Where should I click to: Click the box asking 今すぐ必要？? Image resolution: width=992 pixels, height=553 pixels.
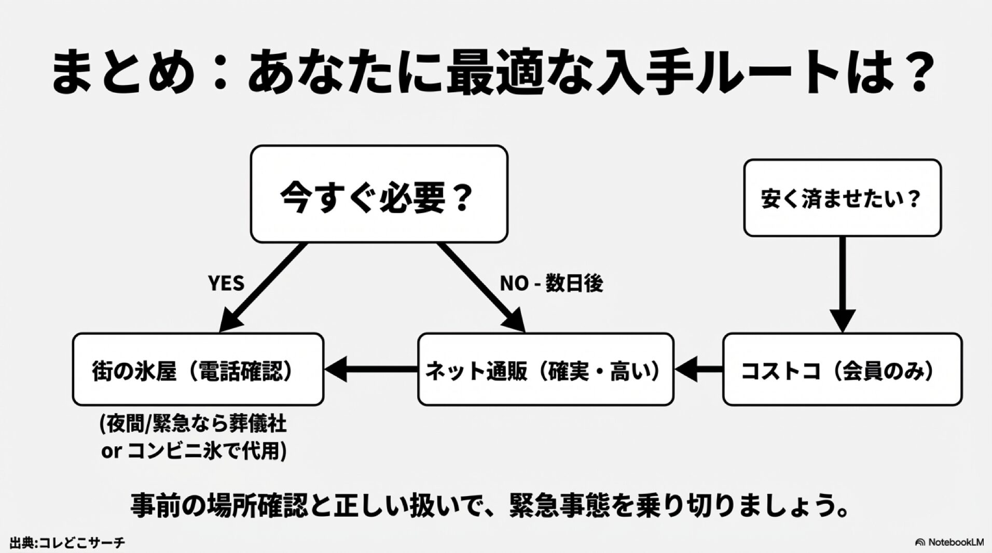pyautogui.click(x=379, y=194)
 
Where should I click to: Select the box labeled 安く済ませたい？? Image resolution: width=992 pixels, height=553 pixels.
pyautogui.click(x=842, y=198)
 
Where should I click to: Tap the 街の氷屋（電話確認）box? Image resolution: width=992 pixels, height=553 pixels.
pyautogui.click(x=198, y=370)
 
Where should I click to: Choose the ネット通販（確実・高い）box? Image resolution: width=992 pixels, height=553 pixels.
pyautogui.click(x=545, y=370)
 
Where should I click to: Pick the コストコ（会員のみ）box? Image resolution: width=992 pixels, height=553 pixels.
pyautogui.click(x=842, y=370)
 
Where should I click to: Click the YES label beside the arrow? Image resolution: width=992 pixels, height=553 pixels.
pyautogui.click(x=226, y=283)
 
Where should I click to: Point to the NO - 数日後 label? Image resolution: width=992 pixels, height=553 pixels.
pyautogui.click(x=551, y=283)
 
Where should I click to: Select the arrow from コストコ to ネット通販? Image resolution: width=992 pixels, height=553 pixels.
pyautogui.click(x=698, y=370)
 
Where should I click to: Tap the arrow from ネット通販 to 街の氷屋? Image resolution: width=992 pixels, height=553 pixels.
pyautogui.click(x=371, y=370)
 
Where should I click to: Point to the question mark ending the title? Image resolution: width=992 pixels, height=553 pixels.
pyautogui.click(x=912, y=73)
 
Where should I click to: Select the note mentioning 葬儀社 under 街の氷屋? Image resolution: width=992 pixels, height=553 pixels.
pyautogui.click(x=193, y=426)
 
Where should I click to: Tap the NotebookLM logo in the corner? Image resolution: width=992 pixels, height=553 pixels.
pyautogui.click(x=949, y=543)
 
